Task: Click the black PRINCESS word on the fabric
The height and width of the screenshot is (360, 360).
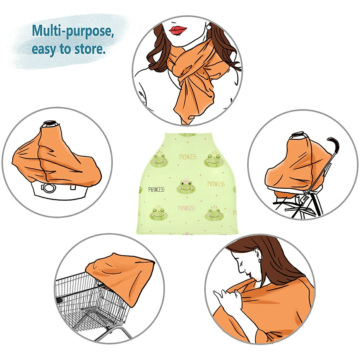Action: pyautogui.click(x=156, y=190)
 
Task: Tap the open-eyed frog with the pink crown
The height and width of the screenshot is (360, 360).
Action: pyautogui.click(x=186, y=187)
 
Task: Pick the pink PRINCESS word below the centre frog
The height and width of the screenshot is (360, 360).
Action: pyautogui.click(x=186, y=208)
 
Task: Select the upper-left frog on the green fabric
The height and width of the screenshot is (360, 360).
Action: pyautogui.click(x=160, y=160)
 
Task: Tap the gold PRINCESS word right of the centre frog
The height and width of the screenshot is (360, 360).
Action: pyautogui.click(x=216, y=184)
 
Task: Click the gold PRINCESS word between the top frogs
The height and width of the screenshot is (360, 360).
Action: pyautogui.click(x=188, y=157)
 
